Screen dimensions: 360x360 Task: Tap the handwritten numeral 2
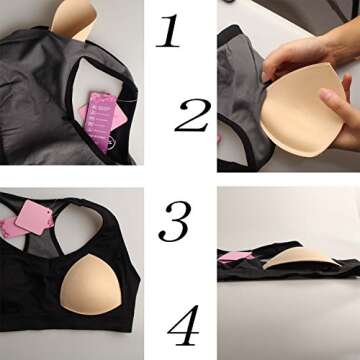(190, 115)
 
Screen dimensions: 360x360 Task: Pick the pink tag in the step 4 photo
(238, 256)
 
